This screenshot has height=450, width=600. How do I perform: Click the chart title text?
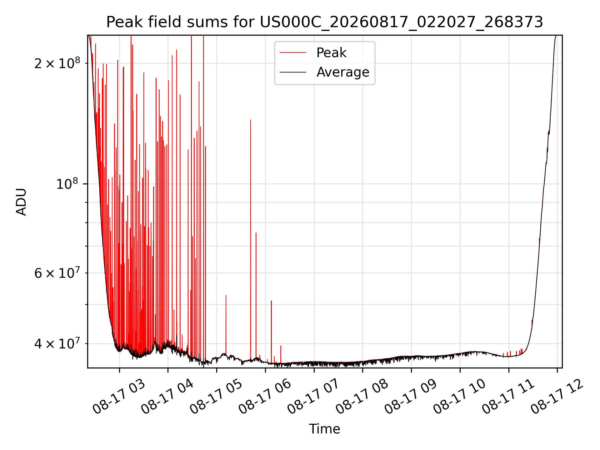[x=325, y=22]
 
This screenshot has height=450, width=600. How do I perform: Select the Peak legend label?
[x=331, y=52]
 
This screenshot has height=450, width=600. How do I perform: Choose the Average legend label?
[x=343, y=72]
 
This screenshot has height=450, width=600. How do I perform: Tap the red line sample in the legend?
[x=293, y=53]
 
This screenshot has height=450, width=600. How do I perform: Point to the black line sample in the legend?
[x=293, y=72]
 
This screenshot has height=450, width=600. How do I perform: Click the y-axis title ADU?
[x=21, y=202]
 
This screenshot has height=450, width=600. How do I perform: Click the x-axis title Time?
[x=325, y=429]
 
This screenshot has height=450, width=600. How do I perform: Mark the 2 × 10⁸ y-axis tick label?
[x=57, y=63]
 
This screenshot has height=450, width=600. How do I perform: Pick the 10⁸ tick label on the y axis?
[x=67, y=184]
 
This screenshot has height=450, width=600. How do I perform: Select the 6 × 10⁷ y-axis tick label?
[x=57, y=273]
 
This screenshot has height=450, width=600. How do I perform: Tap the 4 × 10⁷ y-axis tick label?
[x=57, y=343]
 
